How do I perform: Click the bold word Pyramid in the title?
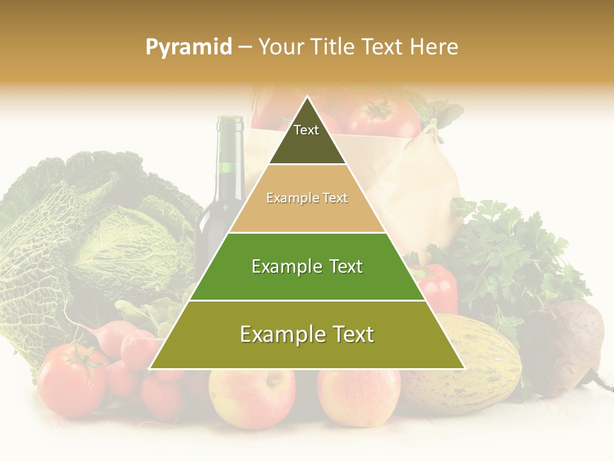189,47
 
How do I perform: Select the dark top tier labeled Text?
306,138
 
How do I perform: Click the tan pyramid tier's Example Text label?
307,198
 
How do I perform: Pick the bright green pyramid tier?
307,266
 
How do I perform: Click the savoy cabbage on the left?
96,237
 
